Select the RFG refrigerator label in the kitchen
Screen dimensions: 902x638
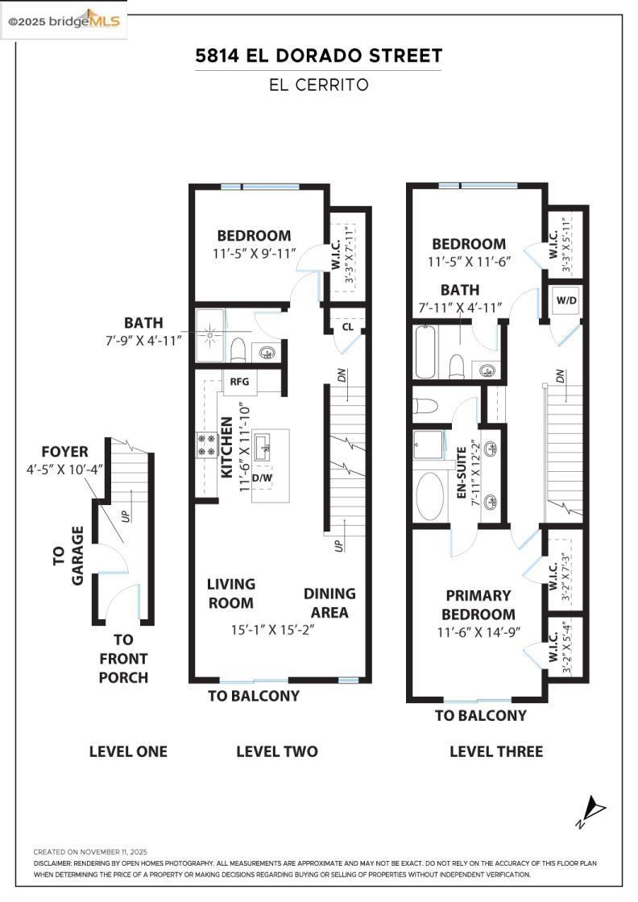[x=239, y=381]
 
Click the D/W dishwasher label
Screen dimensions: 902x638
[x=262, y=478]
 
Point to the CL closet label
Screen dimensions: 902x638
[x=347, y=327]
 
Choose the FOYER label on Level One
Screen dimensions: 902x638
[x=65, y=452]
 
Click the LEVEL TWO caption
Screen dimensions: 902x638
[x=276, y=751]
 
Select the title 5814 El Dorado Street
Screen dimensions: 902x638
[x=318, y=56]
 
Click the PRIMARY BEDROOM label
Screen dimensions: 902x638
[x=478, y=605]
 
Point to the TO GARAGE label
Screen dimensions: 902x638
[x=68, y=556]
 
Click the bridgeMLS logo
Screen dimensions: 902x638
[x=64, y=21]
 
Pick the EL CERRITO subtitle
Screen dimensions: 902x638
[x=318, y=85]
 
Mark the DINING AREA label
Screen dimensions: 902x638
[x=329, y=602]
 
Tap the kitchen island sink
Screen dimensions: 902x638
[x=263, y=445]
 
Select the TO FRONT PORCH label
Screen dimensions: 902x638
[x=123, y=659]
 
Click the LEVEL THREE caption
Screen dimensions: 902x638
[x=496, y=751]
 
